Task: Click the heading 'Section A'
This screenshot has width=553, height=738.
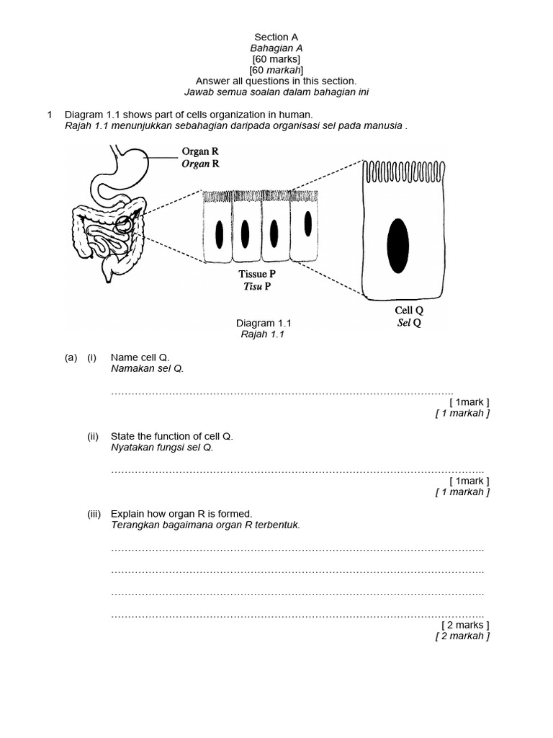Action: point(276,37)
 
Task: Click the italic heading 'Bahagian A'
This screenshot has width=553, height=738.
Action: point(276,48)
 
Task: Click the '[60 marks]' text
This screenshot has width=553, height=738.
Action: point(276,59)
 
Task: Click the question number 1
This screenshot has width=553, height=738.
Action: point(50,115)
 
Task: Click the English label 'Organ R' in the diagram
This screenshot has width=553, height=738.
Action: point(200,152)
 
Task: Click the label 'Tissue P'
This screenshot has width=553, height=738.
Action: point(257,275)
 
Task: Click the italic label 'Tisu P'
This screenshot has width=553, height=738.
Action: point(257,286)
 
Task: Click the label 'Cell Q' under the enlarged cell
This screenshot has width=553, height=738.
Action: point(408,311)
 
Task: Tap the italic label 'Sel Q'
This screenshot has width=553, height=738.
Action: point(408,322)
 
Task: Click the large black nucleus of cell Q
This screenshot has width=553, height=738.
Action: point(398,246)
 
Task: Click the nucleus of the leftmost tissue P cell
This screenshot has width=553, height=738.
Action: point(219,234)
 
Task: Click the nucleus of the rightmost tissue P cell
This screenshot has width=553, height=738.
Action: point(307,224)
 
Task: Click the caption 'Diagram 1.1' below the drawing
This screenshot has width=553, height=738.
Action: point(264,324)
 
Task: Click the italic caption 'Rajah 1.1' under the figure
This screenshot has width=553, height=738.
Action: point(264,334)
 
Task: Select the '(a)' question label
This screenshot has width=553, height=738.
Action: point(71,357)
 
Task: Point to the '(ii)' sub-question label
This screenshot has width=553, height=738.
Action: point(93,436)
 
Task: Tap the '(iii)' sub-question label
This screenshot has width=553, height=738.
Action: point(94,514)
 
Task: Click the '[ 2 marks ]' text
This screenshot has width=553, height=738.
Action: point(465,625)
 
